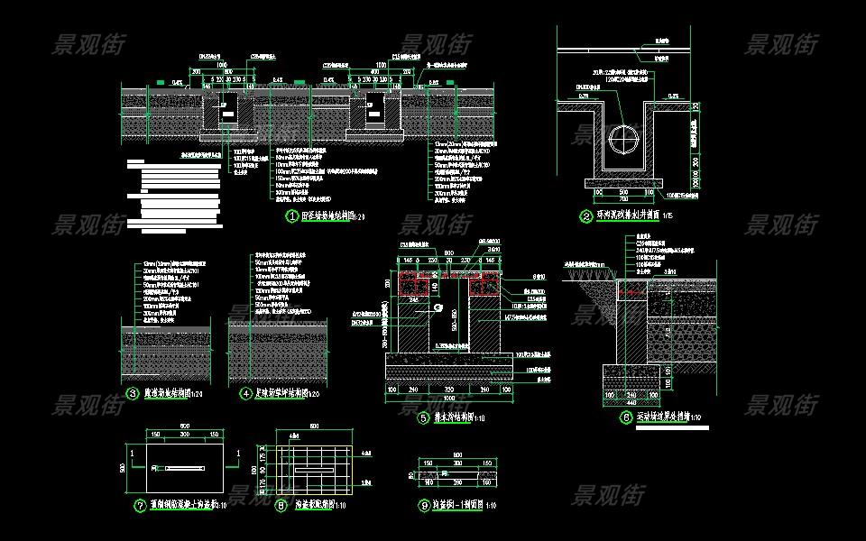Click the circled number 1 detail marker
291,216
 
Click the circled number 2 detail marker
586,216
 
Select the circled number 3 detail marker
134,393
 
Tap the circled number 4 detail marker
245,393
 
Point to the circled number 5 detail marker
423,417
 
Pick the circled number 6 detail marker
626,417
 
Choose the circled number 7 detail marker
139,506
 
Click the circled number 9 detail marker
424,506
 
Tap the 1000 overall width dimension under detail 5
447,398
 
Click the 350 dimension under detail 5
447,390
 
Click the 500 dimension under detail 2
623,191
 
